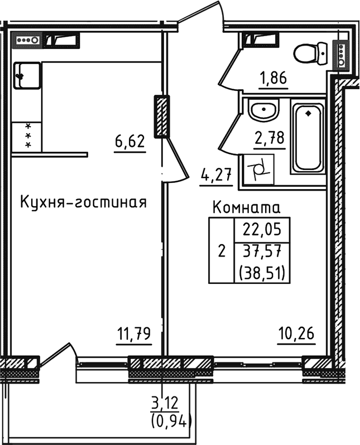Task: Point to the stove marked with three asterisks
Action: (x=25, y=136)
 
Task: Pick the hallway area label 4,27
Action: (x=215, y=176)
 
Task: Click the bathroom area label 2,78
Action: (x=270, y=137)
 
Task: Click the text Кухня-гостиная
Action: (x=83, y=202)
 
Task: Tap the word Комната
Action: (x=247, y=209)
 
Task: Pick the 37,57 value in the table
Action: (x=261, y=251)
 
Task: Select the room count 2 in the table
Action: (x=222, y=250)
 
